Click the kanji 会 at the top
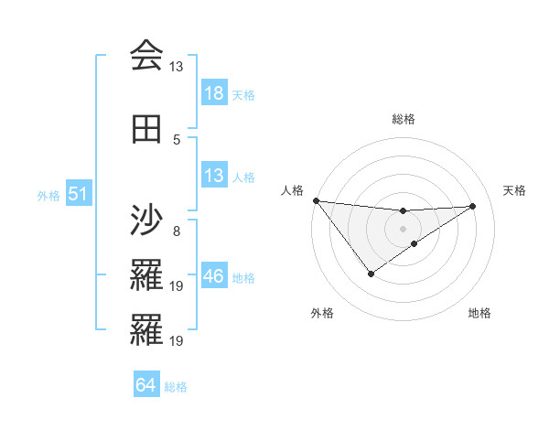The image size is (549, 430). tap(146, 56)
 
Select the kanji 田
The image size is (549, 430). tap(146, 130)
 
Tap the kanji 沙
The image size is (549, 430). tap(146, 220)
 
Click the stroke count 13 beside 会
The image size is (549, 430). tap(176, 67)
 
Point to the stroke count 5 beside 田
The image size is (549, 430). tap(177, 140)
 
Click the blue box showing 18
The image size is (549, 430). tap(213, 93)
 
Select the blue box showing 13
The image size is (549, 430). tap(213, 176)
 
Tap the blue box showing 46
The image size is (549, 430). tap(213, 276)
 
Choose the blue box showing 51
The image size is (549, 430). tap(78, 194)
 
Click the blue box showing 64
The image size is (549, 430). tap(145, 385)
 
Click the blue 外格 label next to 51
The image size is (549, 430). tap(48, 195)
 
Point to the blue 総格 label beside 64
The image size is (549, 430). tap(176, 387)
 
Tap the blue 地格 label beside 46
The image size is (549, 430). tap(244, 277)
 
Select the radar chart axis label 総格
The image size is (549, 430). tap(404, 119)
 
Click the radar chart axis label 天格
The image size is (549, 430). tap(515, 190)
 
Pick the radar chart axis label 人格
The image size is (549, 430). tap(292, 190)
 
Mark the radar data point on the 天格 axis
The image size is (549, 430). tap(472, 206)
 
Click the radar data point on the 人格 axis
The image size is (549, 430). tap(316, 200)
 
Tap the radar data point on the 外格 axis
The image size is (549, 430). tap(371, 274)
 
